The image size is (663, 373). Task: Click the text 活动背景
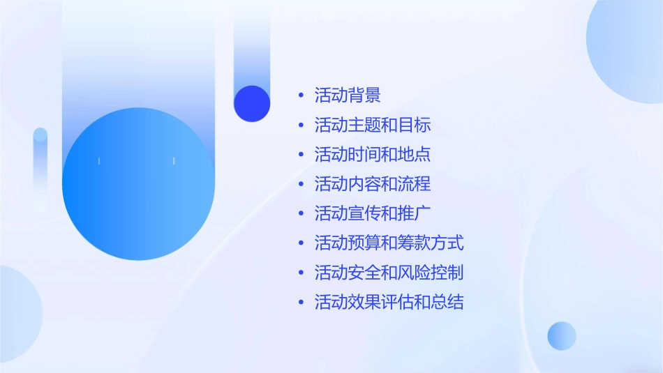tap(348, 95)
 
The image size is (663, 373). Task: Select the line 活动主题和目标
tap(373, 125)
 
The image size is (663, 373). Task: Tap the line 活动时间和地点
tap(373, 154)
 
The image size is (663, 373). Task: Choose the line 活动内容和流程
tap(373, 184)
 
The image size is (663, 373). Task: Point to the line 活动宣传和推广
tap(373, 213)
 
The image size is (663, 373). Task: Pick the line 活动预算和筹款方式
tap(389, 243)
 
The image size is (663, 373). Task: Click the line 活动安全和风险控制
tap(389, 273)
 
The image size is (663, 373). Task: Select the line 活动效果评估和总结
tap(389, 303)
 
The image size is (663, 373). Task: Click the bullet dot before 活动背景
tap(301, 96)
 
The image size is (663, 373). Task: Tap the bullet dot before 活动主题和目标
tap(301, 125)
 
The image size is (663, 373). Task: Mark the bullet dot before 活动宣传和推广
tap(301, 214)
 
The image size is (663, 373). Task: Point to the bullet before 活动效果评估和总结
tap(301, 303)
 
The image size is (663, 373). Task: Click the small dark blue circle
tap(252, 103)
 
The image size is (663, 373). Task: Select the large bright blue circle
tap(138, 184)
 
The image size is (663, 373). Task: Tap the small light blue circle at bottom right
tap(562, 335)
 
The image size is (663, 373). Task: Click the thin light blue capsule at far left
tap(40, 167)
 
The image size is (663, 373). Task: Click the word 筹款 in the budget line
tap(415, 243)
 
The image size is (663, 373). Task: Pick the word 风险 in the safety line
tap(415, 273)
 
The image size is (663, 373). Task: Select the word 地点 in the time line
tap(415, 154)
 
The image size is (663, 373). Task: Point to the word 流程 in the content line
tap(415, 184)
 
